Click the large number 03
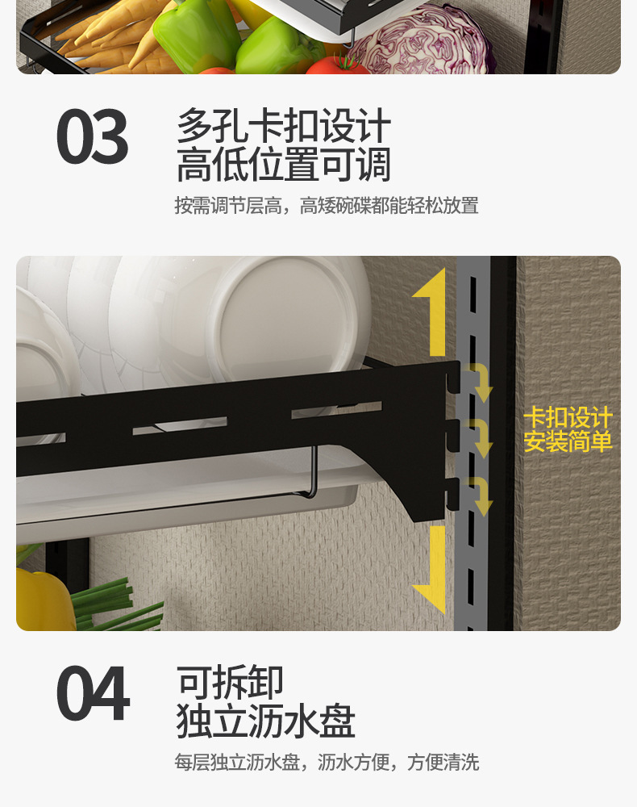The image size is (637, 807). [x=92, y=138]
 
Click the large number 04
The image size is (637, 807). [x=93, y=694]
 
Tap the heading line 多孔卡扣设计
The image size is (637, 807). [x=283, y=127]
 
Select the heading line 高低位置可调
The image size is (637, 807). [x=283, y=165]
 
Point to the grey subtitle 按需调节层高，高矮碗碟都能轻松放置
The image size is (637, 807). [x=327, y=206]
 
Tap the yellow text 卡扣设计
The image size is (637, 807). [x=568, y=418]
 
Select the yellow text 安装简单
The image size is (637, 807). [x=568, y=441]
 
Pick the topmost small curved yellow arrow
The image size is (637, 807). [x=481, y=382]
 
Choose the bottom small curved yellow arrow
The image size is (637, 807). [x=481, y=496]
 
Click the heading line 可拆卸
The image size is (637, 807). [x=231, y=683]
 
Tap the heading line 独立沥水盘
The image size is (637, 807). [x=265, y=721]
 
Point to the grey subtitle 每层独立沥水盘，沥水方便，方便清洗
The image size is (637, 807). [x=327, y=763]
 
